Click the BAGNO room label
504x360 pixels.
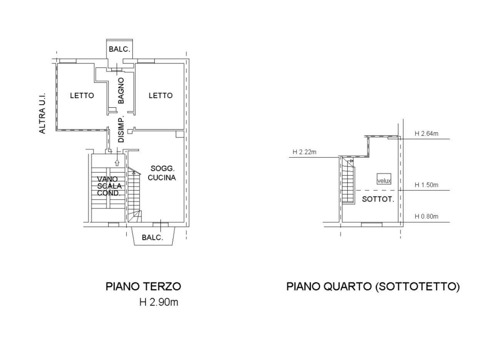pos(121,91)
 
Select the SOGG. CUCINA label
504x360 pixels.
pos(162,173)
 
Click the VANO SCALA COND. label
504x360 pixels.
pos(109,186)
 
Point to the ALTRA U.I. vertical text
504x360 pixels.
pos(42,113)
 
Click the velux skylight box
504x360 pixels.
pos(384,179)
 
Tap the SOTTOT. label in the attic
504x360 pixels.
pos(378,199)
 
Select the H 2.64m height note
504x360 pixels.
pos(426,133)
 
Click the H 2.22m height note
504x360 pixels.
pos(304,152)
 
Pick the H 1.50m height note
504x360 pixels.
pos(426,185)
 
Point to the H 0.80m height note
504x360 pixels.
pos(426,217)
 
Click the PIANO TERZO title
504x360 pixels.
pos(144,287)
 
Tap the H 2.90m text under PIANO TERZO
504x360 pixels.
pos(159,302)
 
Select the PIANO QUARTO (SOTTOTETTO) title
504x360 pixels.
pos(373,287)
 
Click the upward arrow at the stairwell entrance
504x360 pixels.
pos(117,162)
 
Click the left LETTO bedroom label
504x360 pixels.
pos(82,96)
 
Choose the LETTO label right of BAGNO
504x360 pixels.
pos(160,96)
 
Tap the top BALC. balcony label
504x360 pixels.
pos(120,49)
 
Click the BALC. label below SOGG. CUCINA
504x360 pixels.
pos(152,237)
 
